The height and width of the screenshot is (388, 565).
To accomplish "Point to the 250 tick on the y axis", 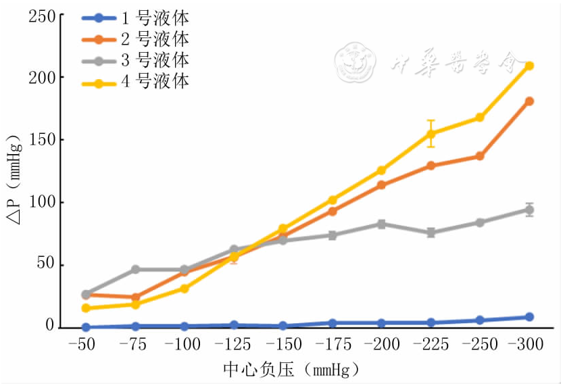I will [42, 16].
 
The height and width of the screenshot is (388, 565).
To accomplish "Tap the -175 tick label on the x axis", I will [333, 345].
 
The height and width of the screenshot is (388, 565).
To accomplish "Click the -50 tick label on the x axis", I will [86, 345].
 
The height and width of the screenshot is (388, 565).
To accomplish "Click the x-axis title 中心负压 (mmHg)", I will [291, 370].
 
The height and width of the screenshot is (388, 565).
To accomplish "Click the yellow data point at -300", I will [529, 66].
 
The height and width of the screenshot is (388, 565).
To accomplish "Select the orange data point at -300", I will [529, 101].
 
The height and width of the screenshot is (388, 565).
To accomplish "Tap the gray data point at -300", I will [529, 210].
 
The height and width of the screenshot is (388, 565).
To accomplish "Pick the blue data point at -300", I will [529, 317].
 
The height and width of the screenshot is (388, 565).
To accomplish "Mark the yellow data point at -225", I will [431, 134].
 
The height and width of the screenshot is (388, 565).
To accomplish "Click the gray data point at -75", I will [135, 269].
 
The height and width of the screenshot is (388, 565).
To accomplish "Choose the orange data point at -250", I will [480, 156].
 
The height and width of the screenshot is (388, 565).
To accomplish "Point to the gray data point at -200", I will [381, 224].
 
